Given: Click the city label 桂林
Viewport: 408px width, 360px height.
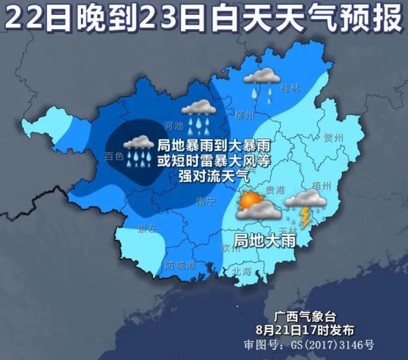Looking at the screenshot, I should [290, 87].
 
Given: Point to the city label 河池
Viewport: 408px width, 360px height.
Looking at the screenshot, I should [175, 125].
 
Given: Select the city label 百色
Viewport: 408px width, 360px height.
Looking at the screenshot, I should [115, 156].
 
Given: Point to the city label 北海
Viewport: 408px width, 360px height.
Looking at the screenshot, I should [241, 272].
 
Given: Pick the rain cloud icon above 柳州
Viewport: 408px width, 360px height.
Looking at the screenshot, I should [199, 113].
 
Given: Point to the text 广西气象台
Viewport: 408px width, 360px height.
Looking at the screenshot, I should [304, 317].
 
